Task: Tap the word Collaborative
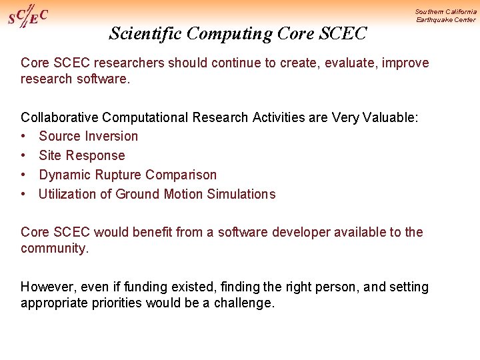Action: coord(60,117)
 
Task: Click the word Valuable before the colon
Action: coord(392,117)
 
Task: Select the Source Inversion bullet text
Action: coord(89,137)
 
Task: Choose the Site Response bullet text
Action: coord(82,156)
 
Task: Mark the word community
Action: coord(53,248)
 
